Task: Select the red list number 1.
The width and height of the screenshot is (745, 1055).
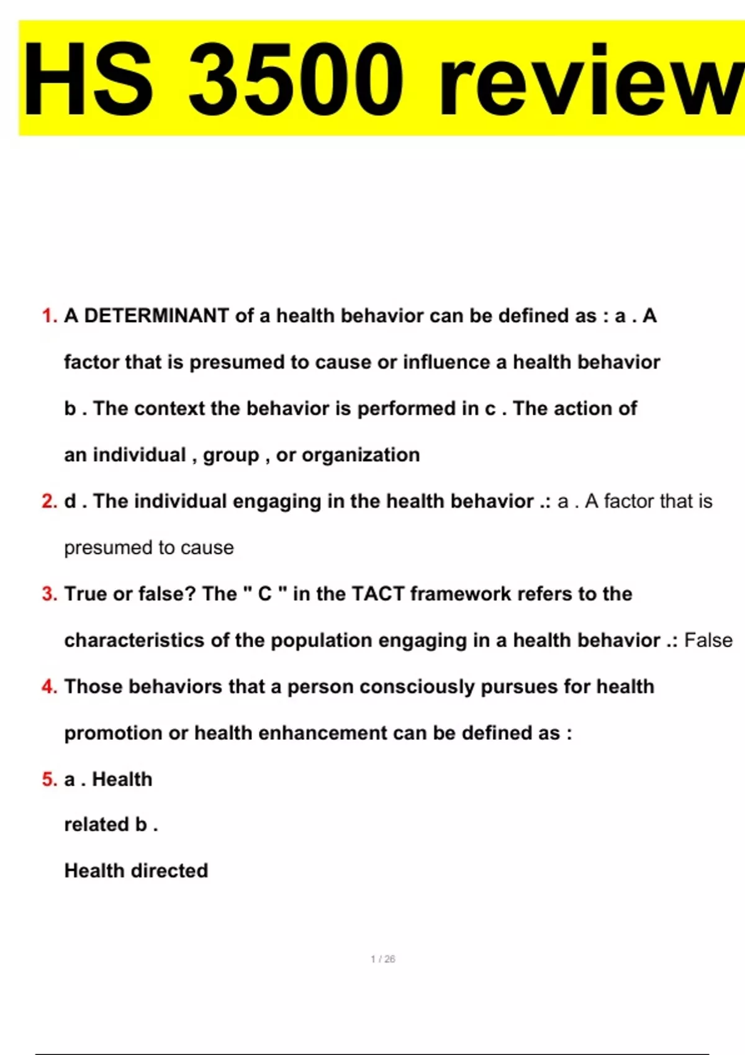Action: pyautogui.click(x=49, y=316)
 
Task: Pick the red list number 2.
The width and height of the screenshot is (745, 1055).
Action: pyautogui.click(x=49, y=501)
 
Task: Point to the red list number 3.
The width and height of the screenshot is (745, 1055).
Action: pyautogui.click(x=49, y=594)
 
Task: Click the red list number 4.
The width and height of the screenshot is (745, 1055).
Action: pyautogui.click(x=49, y=687)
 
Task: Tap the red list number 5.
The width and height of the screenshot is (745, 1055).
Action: pyautogui.click(x=49, y=779)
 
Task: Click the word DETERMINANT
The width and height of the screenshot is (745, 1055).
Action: pyautogui.click(x=156, y=316)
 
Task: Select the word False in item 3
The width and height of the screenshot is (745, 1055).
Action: pyautogui.click(x=708, y=640)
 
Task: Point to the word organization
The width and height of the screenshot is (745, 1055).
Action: pyautogui.click(x=361, y=456)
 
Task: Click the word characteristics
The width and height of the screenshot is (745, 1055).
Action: pyautogui.click(x=134, y=640)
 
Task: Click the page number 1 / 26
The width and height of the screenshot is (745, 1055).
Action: pyautogui.click(x=382, y=959)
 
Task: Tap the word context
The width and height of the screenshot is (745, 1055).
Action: pyautogui.click(x=169, y=409)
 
